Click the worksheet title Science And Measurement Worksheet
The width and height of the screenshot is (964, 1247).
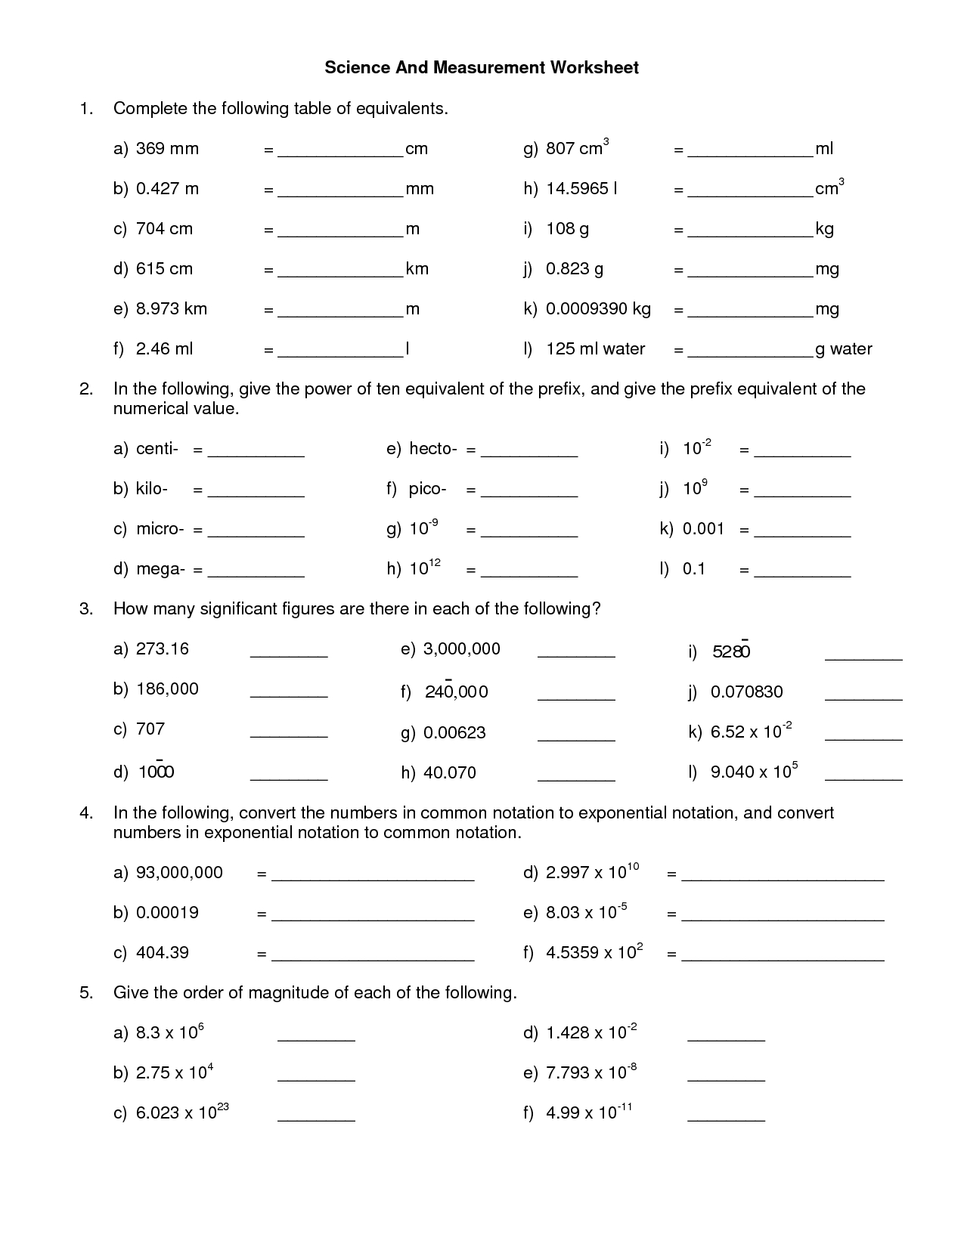pyautogui.click(x=482, y=68)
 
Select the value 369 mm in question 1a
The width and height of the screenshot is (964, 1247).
pyautogui.click(x=167, y=149)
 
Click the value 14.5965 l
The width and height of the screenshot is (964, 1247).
pyautogui.click(x=581, y=189)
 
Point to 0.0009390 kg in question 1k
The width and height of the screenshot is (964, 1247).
pyautogui.click(x=598, y=309)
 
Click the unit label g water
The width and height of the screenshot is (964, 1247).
pyautogui.click(x=843, y=349)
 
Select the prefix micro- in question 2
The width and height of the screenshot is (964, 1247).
pyautogui.click(x=160, y=529)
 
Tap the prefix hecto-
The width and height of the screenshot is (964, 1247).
pyautogui.click(x=432, y=449)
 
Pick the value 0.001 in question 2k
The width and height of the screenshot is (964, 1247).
pyautogui.click(x=703, y=529)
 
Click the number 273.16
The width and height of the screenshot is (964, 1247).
pyautogui.click(x=163, y=649)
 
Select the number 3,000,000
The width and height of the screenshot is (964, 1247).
pyautogui.click(x=461, y=649)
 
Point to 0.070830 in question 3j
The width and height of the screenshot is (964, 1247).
pyautogui.click(x=746, y=692)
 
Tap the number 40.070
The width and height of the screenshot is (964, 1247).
pyautogui.click(x=450, y=773)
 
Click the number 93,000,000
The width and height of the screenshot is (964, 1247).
pyautogui.click(x=179, y=873)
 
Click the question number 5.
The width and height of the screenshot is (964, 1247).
pyautogui.click(x=86, y=993)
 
